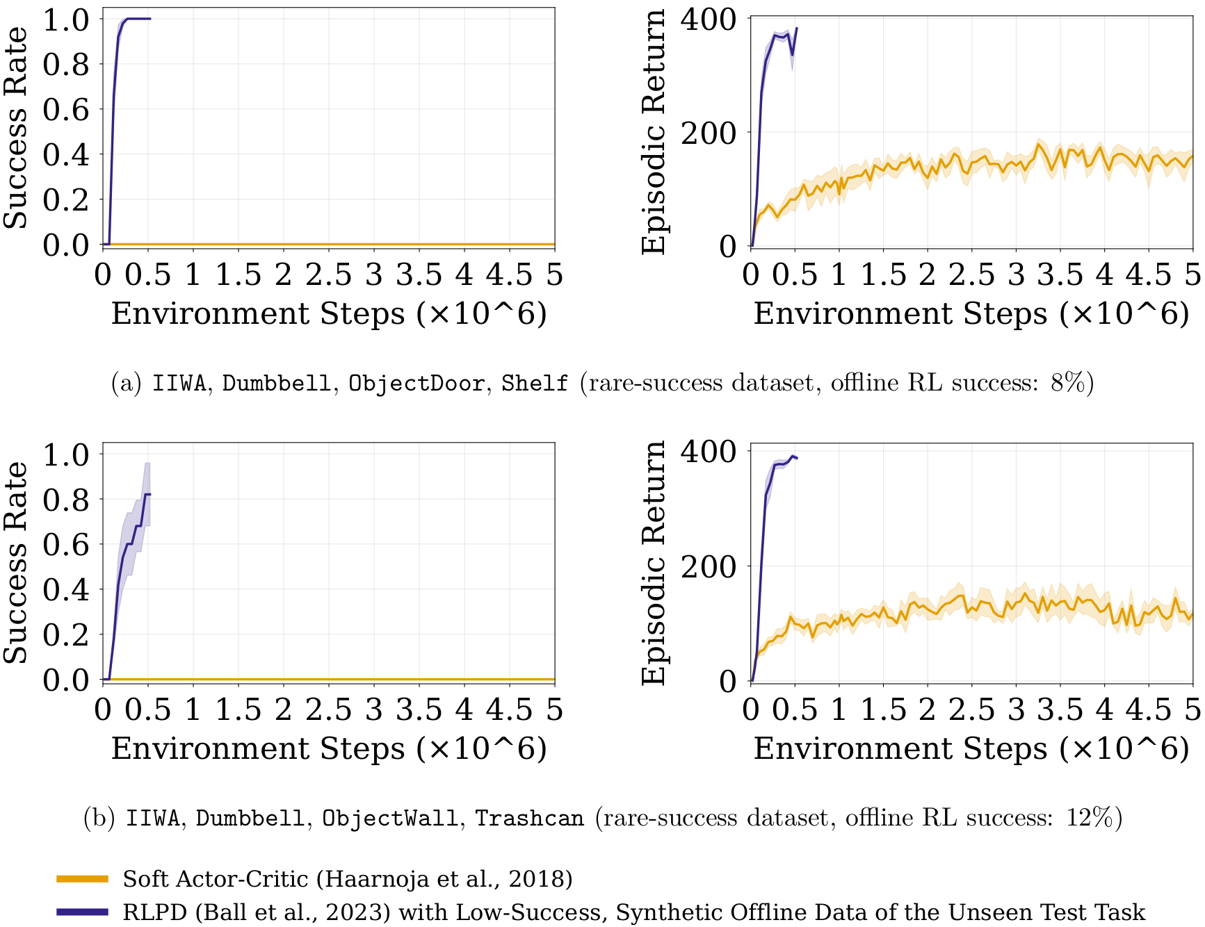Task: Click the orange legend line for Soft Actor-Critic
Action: tap(82, 879)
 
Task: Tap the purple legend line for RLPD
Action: tap(82, 911)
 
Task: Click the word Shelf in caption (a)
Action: tap(535, 383)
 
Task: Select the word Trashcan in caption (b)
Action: tap(529, 818)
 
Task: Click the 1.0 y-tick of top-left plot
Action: tap(66, 19)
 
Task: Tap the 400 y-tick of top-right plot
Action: tap(708, 19)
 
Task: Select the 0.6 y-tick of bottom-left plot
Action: tap(66, 545)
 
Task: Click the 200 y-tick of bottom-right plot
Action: tap(708, 567)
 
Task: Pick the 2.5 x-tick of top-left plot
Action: tap(328, 275)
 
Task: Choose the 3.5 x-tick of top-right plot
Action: tap(1060, 275)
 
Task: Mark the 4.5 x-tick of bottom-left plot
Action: tap(509, 710)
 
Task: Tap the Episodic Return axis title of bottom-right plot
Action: tap(654, 563)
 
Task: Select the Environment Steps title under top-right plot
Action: tap(971, 313)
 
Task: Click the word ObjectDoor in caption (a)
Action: tap(416, 383)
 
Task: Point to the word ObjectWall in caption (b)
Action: tap(389, 818)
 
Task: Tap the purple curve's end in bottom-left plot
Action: tap(149, 494)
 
